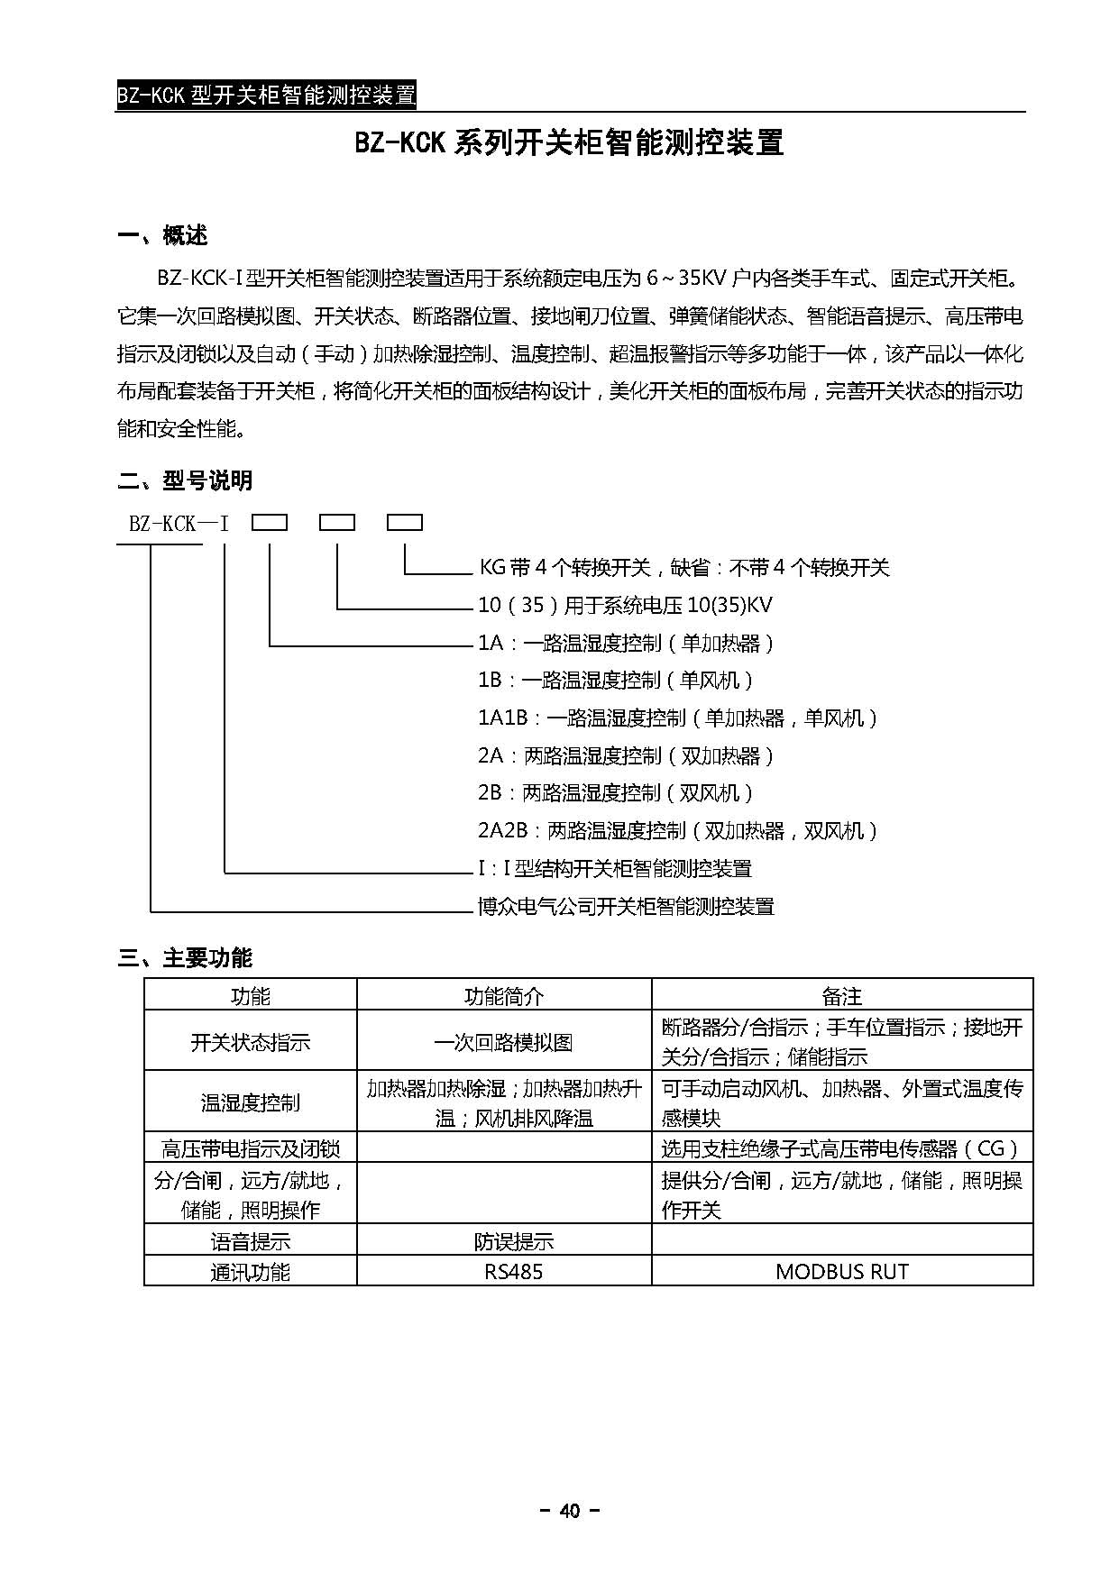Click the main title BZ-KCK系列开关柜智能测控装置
click(569, 143)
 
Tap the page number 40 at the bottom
click(569, 1511)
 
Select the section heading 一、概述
click(163, 236)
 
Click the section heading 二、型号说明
click(185, 480)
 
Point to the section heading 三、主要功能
click(185, 957)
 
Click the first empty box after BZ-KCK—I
click(269, 522)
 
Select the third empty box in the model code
click(404, 522)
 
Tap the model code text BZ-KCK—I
click(179, 523)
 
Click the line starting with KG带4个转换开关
click(683, 567)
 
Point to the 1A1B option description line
click(677, 718)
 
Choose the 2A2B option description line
click(677, 830)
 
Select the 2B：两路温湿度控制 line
click(615, 793)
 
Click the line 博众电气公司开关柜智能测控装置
click(626, 906)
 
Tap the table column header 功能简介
click(504, 996)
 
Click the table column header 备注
click(841, 996)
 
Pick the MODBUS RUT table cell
click(841, 1272)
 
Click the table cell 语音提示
click(251, 1241)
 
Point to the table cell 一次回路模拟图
click(504, 1042)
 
